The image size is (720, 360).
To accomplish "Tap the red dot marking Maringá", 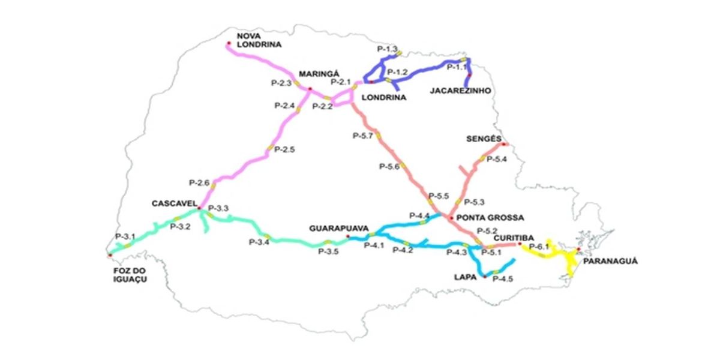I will tap(310, 89).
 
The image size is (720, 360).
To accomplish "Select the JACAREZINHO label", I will tap(460, 91).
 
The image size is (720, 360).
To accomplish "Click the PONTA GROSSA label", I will tap(482, 217).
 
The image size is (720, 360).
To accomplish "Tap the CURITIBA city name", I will tap(510, 238).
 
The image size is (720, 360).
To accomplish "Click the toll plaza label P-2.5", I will tap(284, 149).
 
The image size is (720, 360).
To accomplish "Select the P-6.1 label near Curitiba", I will tap(540, 247).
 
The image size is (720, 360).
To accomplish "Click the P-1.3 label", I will tap(388, 47).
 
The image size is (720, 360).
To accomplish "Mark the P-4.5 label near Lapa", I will tap(502, 279).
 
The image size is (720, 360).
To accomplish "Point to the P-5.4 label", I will tap(497, 159).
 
